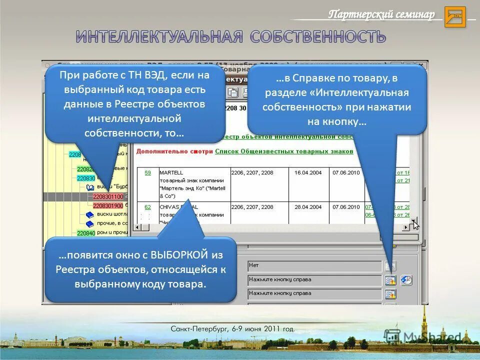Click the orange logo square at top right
(x=454, y=17)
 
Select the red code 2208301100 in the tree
(x=108, y=196)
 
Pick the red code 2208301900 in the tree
(x=108, y=205)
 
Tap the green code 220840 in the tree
(x=86, y=233)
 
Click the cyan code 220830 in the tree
(x=86, y=178)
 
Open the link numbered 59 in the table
(x=147, y=172)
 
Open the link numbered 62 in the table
(x=147, y=206)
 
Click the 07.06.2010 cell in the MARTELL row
(x=346, y=172)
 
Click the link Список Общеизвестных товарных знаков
(x=284, y=151)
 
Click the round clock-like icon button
(x=406, y=280)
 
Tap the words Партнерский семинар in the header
(x=381, y=14)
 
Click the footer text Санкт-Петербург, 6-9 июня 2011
(x=232, y=329)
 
